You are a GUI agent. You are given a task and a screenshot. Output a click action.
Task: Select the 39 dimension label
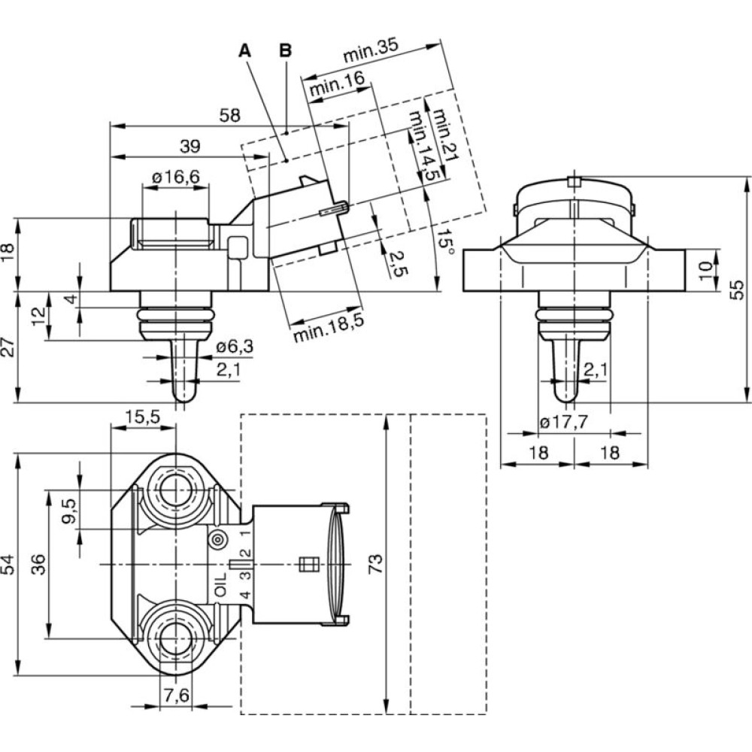190,147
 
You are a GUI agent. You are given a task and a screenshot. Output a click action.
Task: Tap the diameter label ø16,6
176,177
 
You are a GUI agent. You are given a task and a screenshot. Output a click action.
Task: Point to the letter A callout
244,51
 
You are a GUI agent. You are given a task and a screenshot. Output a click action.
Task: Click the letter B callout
286,51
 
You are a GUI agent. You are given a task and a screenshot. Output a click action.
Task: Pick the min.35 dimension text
369,55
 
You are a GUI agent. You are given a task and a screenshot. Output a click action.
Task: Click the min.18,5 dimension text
329,325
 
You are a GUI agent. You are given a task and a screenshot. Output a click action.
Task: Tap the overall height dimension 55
738,289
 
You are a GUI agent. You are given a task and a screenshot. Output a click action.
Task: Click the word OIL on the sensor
220,584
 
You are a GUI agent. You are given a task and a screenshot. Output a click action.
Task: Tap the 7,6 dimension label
176,696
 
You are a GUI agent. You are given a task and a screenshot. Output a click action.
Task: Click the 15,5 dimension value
142,417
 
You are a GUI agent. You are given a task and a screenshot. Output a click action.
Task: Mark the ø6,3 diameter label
234,347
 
